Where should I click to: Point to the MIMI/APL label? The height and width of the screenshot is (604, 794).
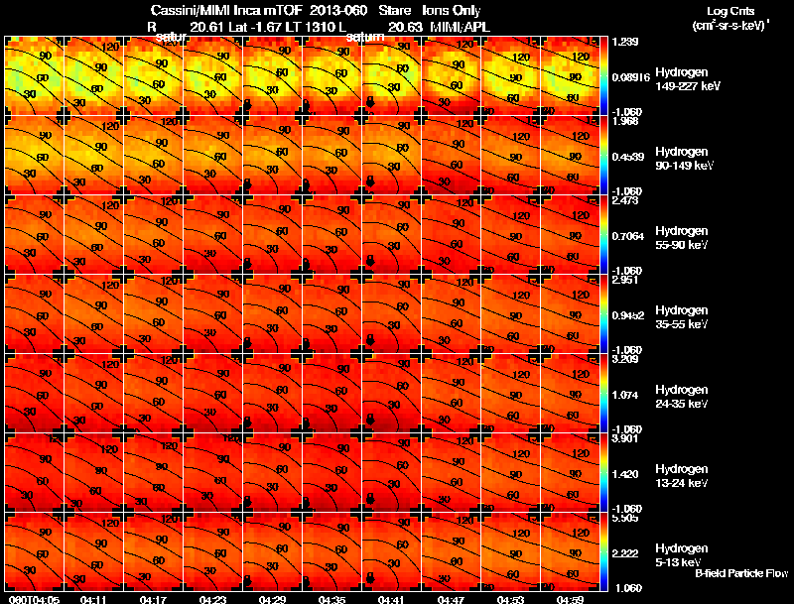pos(460,26)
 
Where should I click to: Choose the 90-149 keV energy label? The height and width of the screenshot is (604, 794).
pos(679,167)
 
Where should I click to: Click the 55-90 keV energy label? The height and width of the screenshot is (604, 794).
pos(678,245)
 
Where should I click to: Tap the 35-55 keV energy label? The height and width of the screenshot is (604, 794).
pos(678,324)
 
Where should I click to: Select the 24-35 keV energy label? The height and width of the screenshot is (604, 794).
pos(678,404)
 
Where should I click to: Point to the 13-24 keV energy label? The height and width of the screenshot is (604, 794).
pos(678,483)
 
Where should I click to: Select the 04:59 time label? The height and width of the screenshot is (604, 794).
pos(570,599)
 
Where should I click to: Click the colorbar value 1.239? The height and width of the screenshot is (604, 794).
pos(624,41)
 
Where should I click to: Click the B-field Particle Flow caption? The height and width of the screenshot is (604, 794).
pos(740,573)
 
